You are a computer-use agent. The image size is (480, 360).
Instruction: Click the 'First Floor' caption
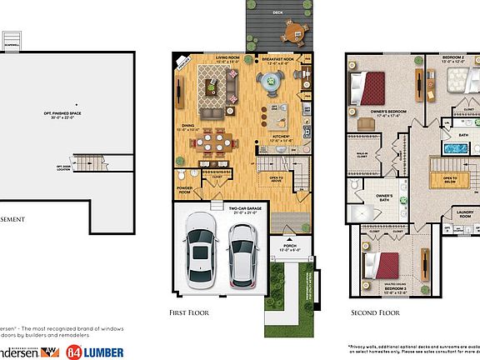pos(190,313)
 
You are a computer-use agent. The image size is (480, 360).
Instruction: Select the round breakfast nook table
pos(272,82)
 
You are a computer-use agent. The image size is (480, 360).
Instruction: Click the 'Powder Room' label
pos(184,191)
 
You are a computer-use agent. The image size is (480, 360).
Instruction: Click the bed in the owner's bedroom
pos(367,86)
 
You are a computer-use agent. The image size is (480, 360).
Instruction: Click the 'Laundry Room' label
pos(464,213)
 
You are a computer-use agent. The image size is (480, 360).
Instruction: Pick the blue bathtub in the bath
pos(453,149)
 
